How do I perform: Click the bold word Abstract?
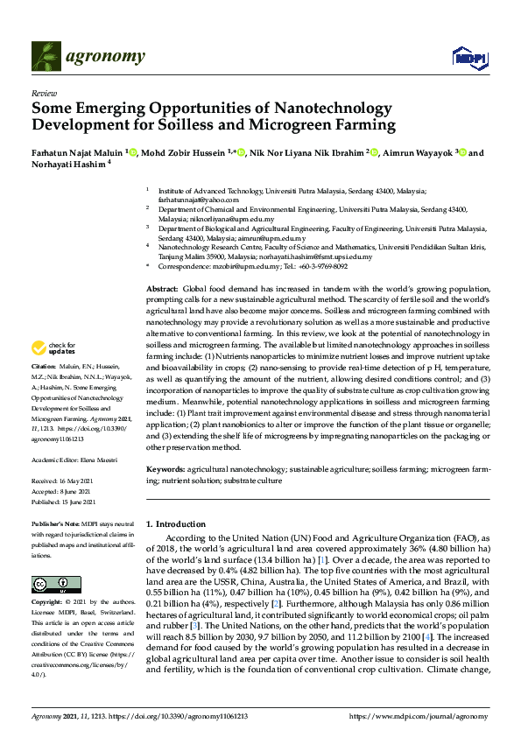pos(161,288)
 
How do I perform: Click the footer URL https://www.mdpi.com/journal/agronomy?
pos(420,716)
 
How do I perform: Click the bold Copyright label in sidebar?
pos(46,603)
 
